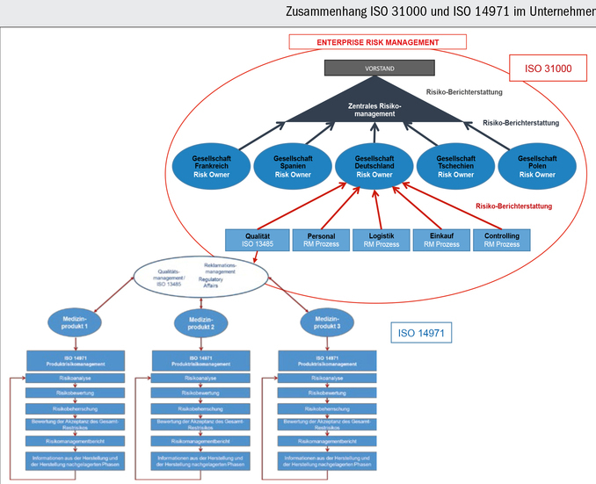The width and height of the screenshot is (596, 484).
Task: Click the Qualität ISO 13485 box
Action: click(258, 240)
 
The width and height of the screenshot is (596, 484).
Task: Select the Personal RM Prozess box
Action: click(320, 240)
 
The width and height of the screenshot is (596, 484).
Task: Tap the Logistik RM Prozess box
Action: click(381, 240)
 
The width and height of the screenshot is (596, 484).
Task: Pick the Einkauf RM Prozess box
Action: click(440, 240)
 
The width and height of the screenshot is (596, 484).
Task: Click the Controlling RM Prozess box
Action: click(502, 240)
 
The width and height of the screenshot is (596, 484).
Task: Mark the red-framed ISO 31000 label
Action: click(548, 69)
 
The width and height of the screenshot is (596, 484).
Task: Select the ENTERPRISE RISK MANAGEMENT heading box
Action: click(378, 42)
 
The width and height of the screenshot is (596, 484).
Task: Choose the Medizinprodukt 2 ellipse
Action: click(200, 321)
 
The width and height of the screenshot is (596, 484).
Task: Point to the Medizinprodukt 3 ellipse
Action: click(326, 321)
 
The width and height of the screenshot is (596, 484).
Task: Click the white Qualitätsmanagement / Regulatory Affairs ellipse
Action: click(200, 275)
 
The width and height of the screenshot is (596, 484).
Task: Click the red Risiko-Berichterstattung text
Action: click(513, 206)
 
